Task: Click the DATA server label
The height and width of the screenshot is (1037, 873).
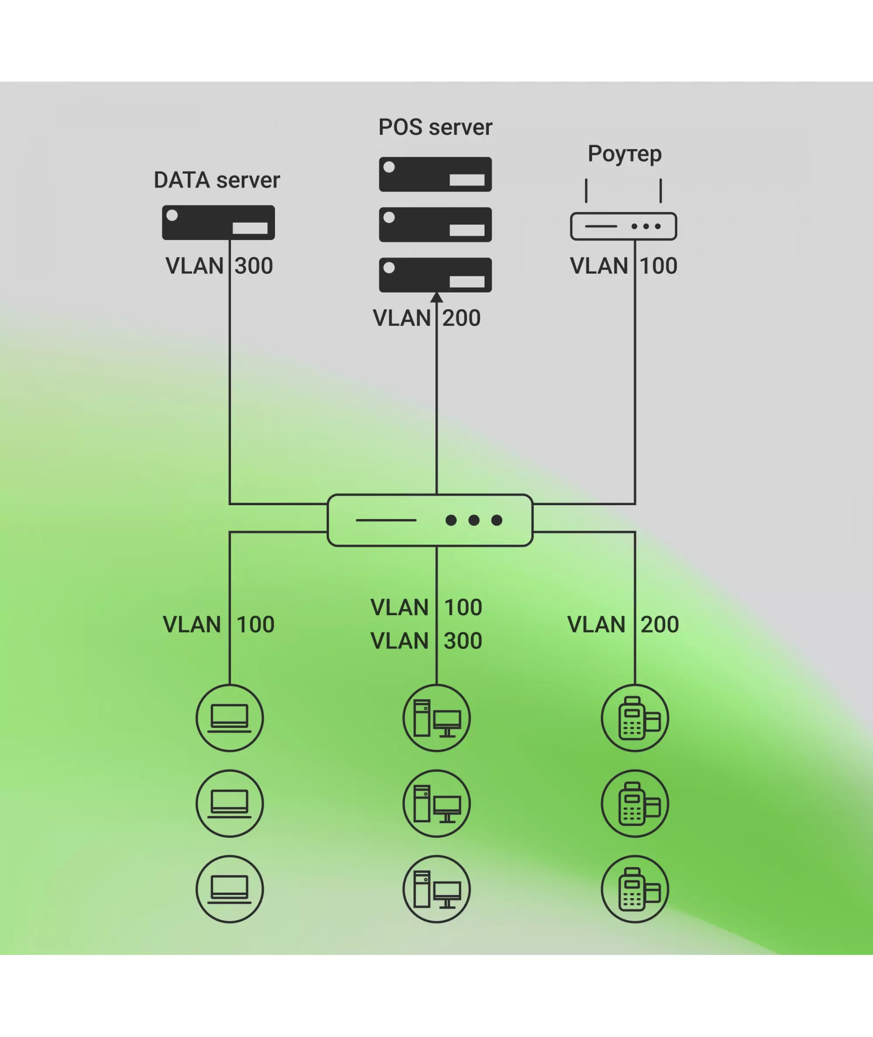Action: click(217, 180)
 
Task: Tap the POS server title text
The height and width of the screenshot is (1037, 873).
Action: click(435, 127)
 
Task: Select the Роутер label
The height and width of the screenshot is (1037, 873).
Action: click(624, 154)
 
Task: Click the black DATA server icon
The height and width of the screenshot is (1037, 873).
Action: click(218, 222)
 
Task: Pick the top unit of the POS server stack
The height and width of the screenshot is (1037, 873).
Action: click(435, 174)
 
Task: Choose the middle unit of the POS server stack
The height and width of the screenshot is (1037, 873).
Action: click(435, 224)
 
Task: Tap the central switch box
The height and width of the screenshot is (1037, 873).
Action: click(430, 520)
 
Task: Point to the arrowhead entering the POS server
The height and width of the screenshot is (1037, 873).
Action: click(436, 297)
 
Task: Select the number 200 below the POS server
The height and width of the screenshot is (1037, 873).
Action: click(461, 318)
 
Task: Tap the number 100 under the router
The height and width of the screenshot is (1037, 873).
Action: click(658, 266)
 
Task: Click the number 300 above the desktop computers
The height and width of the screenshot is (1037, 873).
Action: click(463, 641)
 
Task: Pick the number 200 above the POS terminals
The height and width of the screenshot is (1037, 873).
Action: click(659, 624)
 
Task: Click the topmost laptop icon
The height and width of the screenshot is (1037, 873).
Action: click(230, 718)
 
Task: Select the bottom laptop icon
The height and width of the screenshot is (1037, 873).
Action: click(230, 889)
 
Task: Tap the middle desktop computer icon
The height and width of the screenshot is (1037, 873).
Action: click(436, 803)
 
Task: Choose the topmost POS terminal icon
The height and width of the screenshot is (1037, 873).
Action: click(635, 718)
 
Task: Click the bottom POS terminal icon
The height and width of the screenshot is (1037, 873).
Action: click(635, 889)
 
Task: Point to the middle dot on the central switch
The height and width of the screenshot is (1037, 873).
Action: click(474, 520)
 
